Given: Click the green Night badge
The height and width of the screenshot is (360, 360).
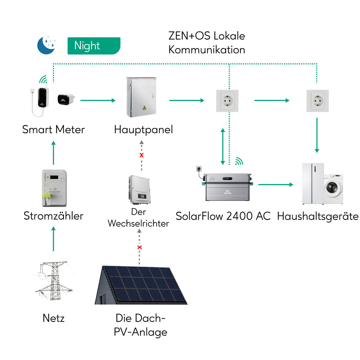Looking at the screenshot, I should coord(94,46).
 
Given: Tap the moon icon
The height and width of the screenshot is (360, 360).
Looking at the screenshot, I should coord(45,45).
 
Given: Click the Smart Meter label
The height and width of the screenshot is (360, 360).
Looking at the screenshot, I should coord(53,129).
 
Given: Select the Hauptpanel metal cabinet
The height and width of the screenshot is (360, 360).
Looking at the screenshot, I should coord(141,97).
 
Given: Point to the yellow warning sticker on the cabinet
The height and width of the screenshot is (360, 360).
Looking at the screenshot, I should coord(144,108).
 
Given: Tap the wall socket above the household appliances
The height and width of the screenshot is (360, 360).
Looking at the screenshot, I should coord(317,100).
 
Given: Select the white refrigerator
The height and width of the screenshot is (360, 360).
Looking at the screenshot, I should coord(313,183).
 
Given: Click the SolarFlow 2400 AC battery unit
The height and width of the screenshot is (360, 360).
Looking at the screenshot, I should coord(227,187).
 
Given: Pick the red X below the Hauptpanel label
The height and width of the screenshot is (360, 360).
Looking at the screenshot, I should coord(141,155).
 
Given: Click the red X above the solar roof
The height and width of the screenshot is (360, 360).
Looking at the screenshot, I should coord(140,247).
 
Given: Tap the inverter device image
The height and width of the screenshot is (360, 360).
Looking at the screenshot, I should coord(139,190).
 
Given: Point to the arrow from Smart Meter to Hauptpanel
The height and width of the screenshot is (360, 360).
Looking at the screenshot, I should coord(98,100).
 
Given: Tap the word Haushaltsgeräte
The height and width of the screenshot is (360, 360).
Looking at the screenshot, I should coord(318,216).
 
